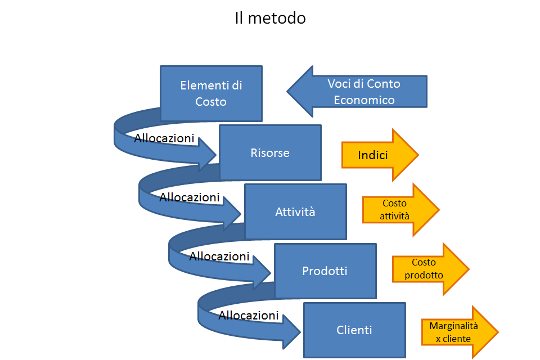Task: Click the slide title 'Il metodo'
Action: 271,18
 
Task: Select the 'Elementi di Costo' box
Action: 211,93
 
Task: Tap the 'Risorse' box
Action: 271,152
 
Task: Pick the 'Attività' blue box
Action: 295,211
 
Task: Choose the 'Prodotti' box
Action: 325,271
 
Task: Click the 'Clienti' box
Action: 354,330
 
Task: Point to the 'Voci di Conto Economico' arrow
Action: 357,91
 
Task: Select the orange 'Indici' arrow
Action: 380,155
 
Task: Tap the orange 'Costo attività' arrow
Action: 401,209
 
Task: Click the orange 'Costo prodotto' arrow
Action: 431,269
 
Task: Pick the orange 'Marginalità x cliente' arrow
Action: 460,332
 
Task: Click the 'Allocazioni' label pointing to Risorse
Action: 164,138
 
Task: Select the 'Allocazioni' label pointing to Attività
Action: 190,197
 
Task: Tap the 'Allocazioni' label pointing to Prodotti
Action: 219,256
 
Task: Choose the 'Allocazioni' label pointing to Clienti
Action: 249,315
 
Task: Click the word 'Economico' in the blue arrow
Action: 364,100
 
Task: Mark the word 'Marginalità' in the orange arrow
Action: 453,326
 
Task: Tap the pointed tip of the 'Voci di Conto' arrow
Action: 287,91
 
